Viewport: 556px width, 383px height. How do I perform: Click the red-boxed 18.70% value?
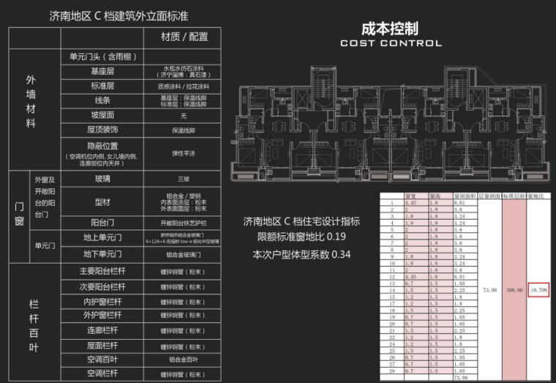[x=538, y=290]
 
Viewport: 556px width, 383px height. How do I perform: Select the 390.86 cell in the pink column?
[x=515, y=290]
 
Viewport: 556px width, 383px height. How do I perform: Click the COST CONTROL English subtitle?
[x=391, y=43]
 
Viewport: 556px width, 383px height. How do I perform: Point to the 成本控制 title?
[x=391, y=29]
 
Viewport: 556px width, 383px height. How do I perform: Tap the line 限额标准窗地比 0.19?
[x=301, y=237]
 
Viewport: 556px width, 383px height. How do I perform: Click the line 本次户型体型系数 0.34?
[x=301, y=255]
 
